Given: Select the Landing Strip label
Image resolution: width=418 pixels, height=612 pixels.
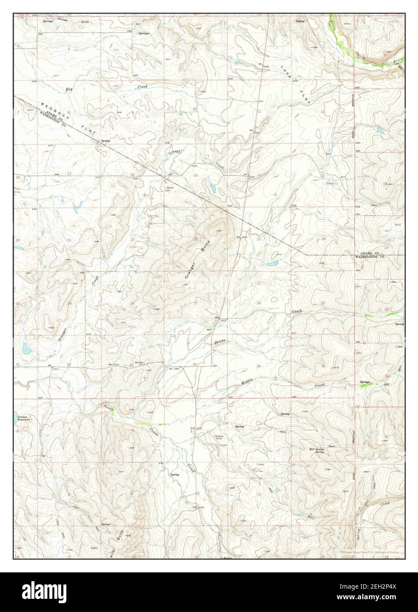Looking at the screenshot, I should pyautogui.click(x=219, y=437).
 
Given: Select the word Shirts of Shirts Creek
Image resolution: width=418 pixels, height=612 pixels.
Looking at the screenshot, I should pyautogui.click(x=220, y=342).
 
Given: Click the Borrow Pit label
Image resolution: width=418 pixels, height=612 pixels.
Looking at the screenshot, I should pyautogui.click(x=140, y=364).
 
